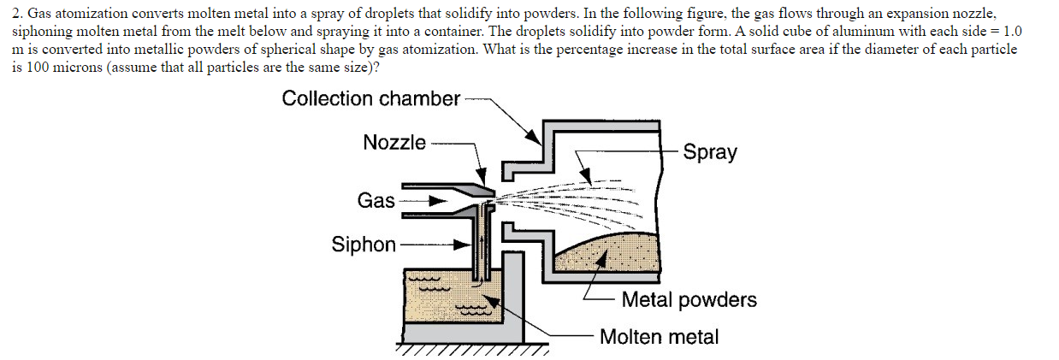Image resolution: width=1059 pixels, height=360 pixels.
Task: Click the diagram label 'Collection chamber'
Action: [371, 98]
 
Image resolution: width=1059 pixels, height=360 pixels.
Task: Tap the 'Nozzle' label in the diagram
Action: [394, 143]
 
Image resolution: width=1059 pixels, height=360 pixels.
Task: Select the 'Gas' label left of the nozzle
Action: [376, 201]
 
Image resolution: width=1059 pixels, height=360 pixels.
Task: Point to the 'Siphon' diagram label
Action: [364, 245]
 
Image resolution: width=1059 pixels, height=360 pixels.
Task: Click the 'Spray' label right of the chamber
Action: [710, 152]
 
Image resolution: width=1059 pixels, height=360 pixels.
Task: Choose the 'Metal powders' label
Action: [689, 300]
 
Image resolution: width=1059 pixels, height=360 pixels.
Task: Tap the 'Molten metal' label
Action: [659, 337]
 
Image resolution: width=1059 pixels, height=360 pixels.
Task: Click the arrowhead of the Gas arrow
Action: [438, 202]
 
